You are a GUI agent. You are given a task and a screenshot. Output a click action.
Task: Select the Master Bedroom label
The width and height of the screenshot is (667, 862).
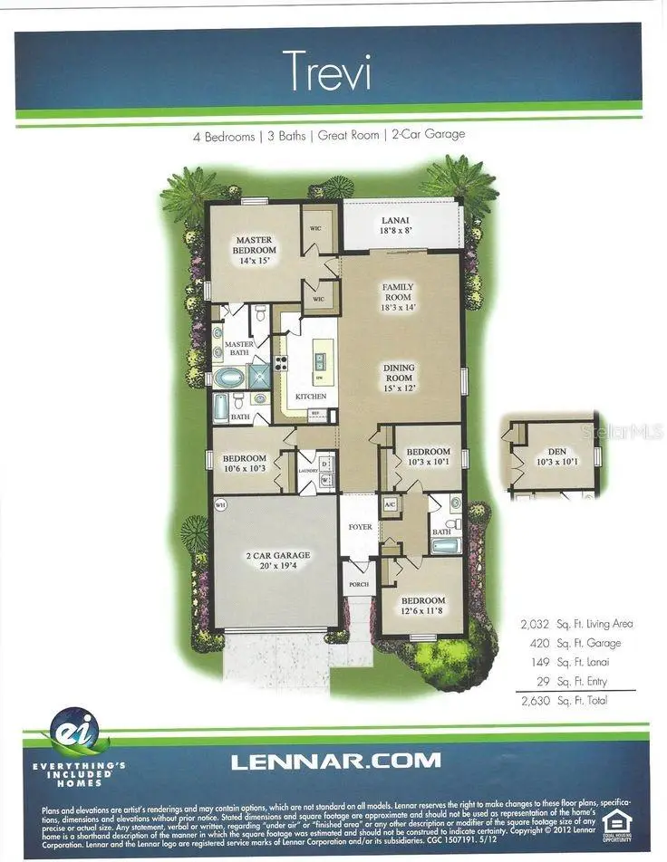[x=256, y=249]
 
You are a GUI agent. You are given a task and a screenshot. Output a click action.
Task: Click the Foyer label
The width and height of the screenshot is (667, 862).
[x=360, y=527]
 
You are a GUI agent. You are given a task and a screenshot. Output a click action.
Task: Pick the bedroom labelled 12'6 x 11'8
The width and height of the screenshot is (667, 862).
[x=423, y=606]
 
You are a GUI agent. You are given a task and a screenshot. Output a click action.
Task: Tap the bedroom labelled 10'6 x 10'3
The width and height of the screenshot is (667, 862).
[x=245, y=463]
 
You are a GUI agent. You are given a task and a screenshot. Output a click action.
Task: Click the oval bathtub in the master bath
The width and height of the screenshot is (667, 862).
[x=225, y=378]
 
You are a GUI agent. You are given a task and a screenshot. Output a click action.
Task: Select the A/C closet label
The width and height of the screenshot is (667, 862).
[x=390, y=503]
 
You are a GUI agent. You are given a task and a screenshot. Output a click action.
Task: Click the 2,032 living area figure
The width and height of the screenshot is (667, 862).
[x=535, y=624]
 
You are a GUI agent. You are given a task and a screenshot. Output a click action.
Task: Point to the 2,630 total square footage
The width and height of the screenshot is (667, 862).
[x=535, y=701]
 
